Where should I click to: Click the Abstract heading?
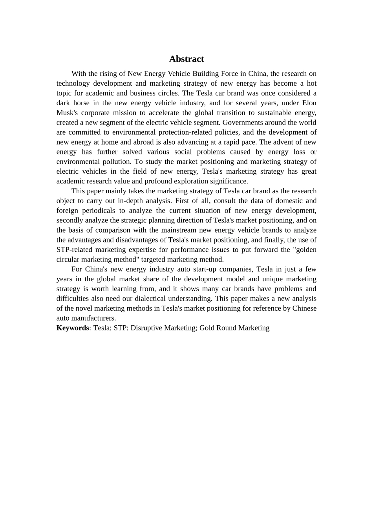(186, 59)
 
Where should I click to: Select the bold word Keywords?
(73, 328)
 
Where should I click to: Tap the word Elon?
(309, 103)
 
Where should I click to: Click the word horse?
(81, 103)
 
